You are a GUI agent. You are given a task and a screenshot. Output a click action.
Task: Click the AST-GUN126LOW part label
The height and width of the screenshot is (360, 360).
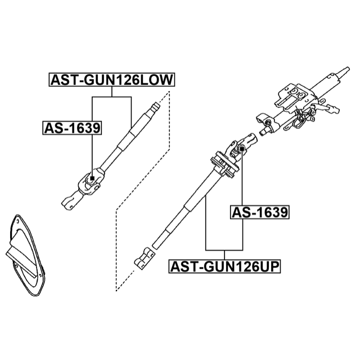(x=112, y=80)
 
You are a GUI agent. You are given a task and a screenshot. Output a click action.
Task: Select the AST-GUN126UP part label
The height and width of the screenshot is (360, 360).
(x=224, y=267)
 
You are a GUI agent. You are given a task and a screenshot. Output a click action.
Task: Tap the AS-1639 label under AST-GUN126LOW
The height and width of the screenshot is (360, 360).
(x=72, y=128)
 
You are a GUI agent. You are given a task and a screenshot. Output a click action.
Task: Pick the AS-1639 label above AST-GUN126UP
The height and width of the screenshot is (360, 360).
(x=260, y=212)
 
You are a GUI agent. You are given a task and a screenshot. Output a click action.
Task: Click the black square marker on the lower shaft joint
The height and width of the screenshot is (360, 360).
(x=92, y=178)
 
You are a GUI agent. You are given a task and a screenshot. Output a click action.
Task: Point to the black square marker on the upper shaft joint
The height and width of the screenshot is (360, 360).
(x=241, y=148)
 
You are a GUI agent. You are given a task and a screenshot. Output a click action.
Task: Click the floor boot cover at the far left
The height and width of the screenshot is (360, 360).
(x=25, y=255)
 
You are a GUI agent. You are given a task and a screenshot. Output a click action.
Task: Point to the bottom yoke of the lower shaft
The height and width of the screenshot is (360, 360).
(x=71, y=201)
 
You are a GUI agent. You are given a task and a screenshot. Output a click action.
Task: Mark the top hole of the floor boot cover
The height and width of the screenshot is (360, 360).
(x=17, y=221)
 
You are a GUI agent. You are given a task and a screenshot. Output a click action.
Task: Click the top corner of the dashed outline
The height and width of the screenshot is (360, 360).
(x=169, y=92)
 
